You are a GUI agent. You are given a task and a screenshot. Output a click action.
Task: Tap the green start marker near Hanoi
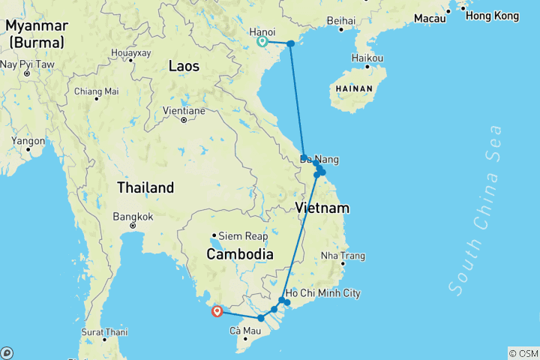(x=262, y=42)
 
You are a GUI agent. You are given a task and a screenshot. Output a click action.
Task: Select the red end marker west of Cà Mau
(x=217, y=311)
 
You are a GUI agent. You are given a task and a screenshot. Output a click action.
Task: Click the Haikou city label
(x=367, y=58)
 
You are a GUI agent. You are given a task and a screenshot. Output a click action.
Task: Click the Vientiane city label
(x=184, y=110)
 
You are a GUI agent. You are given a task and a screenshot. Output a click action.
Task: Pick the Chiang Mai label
(x=96, y=91)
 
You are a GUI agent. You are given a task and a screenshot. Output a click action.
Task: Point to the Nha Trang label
(x=342, y=256)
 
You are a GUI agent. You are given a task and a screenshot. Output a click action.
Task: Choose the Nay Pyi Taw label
(x=27, y=64)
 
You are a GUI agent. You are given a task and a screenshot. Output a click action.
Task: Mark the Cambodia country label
(x=240, y=255)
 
